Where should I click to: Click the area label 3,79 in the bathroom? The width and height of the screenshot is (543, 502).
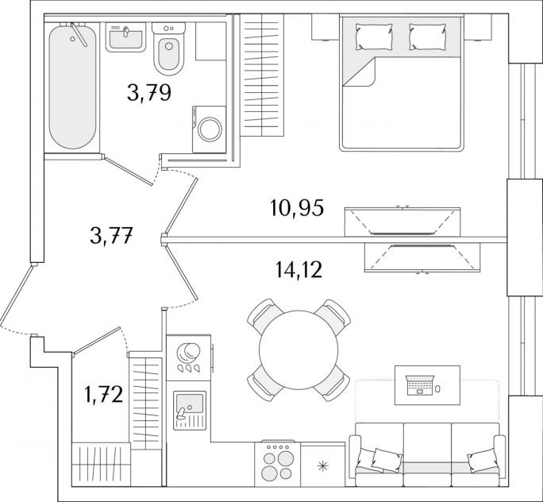pyautogui.click(x=149, y=93)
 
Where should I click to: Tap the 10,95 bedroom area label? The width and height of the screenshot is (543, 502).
pyautogui.click(x=297, y=208)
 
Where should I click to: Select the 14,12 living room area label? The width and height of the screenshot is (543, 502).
pyautogui.click(x=299, y=270)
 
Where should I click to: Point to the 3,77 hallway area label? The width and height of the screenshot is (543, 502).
pyautogui.click(x=111, y=235)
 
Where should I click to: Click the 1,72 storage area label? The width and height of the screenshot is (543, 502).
pyautogui.click(x=103, y=395)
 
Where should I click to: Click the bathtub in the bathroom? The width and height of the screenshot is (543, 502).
pyautogui.click(x=72, y=87)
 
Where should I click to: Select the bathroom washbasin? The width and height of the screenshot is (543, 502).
pyautogui.click(x=125, y=37)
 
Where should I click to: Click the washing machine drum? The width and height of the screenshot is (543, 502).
pyautogui.click(x=210, y=129)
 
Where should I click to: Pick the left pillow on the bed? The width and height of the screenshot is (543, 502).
pyautogui.click(x=374, y=37)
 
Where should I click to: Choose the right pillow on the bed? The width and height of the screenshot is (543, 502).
pyautogui.click(x=428, y=37)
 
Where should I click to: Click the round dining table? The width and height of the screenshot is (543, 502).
pyautogui.click(x=298, y=350)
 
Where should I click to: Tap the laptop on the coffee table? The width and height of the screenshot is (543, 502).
pyautogui.click(x=420, y=385)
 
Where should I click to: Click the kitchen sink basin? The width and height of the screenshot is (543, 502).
pyautogui.click(x=190, y=403)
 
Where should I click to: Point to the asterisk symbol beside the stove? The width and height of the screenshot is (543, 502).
pyautogui.click(x=322, y=466)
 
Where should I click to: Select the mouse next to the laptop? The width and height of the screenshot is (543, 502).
pyautogui.click(x=438, y=389)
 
